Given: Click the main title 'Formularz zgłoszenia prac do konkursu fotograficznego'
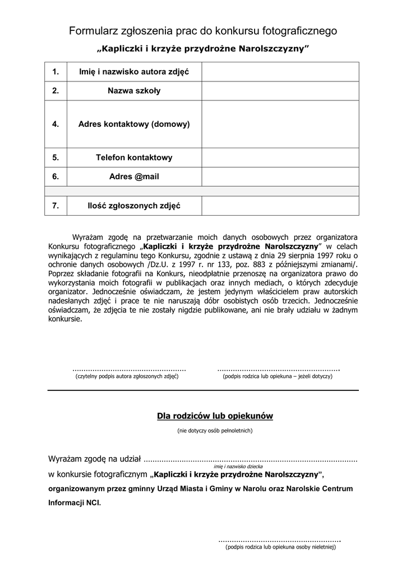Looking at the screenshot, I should coord(203,31).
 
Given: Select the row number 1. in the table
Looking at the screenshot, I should coord(56,72).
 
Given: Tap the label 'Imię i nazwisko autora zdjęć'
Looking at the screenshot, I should coord(134,72).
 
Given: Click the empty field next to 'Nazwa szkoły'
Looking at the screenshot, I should coord(280,91).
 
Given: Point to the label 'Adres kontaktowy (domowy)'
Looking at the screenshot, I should coord(134,124).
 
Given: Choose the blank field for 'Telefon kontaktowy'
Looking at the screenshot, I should coord(280,158).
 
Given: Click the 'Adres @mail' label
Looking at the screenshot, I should coord(134,176).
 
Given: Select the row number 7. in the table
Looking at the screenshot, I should coord(56,206).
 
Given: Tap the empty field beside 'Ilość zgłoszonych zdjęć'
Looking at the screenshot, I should coord(280,206).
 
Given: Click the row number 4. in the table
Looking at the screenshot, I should coord(56,124).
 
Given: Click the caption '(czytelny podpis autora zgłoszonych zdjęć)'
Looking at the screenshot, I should coord(127,376).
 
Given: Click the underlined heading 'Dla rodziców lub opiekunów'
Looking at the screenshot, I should coord(215,416).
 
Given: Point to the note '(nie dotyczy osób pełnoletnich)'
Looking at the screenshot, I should coord(215,431).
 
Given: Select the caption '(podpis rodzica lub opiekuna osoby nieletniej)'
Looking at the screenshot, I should coord(280,546).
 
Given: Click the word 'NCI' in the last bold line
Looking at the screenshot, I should coord(94,503).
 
